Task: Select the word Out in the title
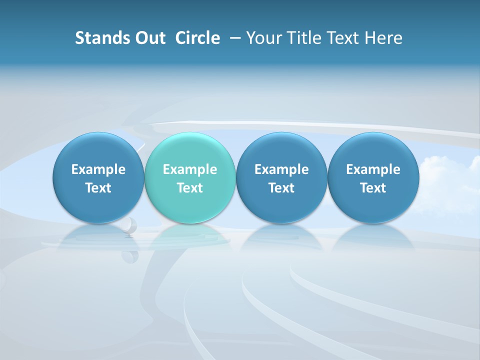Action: pyautogui.click(x=149, y=38)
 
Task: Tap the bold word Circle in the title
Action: pyautogui.click(x=197, y=38)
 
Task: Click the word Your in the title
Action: pyautogui.click(x=263, y=38)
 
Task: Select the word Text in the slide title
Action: pyautogui.click(x=342, y=38)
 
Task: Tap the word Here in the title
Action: pyautogui.click(x=383, y=38)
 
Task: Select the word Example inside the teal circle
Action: pyautogui.click(x=190, y=169)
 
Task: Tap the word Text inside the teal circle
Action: pyautogui.click(x=190, y=188)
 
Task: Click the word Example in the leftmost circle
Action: pyautogui.click(x=98, y=169)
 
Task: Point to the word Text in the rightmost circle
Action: pyautogui.click(x=373, y=188)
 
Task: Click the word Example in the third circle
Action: pyautogui.click(x=281, y=169)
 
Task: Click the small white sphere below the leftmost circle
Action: pyautogui.click(x=129, y=225)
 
